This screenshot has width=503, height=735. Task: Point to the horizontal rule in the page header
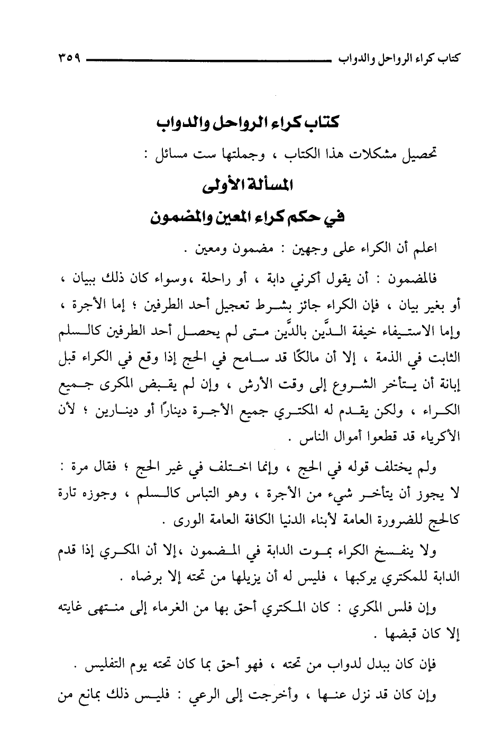click(206, 58)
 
